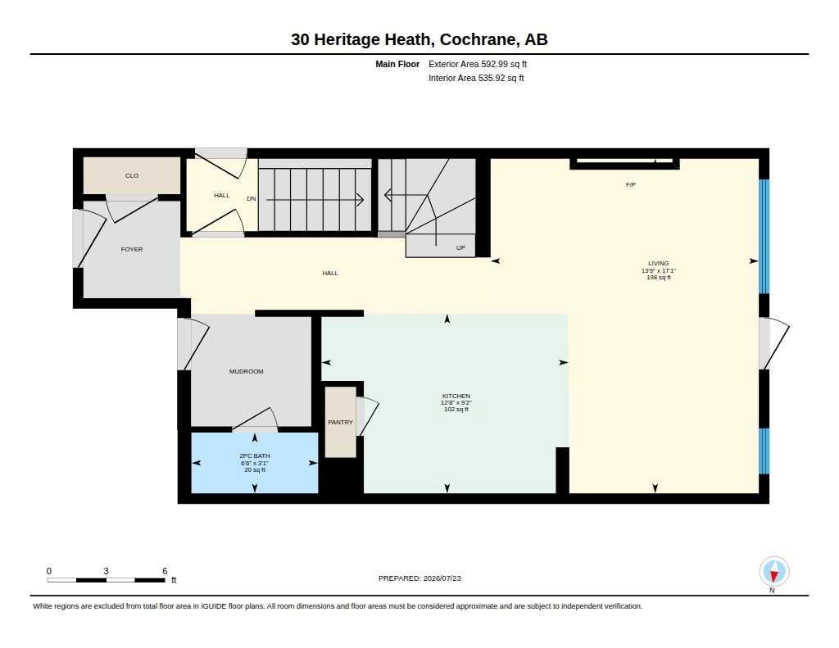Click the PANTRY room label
coord(340,422)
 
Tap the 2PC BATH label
coord(255,456)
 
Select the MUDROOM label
coord(246,371)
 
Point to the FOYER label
coord(132,249)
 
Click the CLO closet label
coord(132,175)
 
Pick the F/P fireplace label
coord(631,184)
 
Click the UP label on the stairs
coord(460,247)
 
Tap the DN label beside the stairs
coord(252,198)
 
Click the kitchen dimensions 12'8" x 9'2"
coord(456,402)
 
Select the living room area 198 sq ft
coord(659,277)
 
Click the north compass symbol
coord(773,572)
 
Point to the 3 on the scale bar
coord(106,571)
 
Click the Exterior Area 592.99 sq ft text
coord(478,64)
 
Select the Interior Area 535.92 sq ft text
coord(476,78)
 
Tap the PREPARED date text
coord(419,578)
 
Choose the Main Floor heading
coord(397,64)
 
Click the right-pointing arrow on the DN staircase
coord(315,200)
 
